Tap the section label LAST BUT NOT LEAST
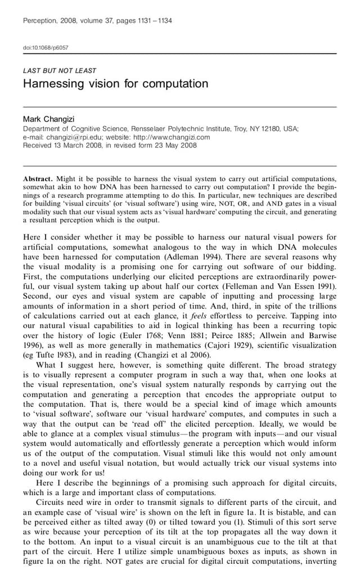click(x=59, y=71)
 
